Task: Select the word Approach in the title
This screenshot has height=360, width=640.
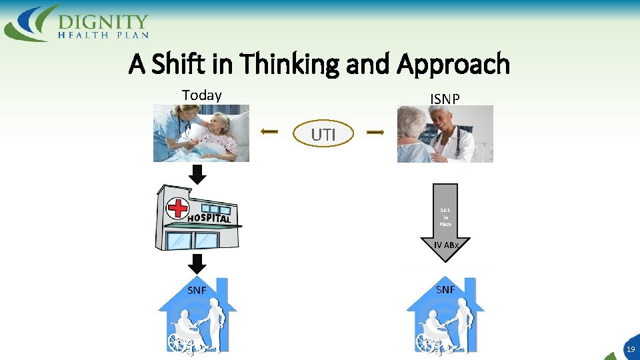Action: tap(453, 65)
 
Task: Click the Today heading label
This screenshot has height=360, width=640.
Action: tap(201, 95)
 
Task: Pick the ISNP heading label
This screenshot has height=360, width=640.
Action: tap(445, 99)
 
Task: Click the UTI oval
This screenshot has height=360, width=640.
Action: tap(323, 135)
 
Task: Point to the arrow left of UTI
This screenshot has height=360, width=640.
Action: tap(269, 133)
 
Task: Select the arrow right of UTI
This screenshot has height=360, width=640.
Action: tap(375, 133)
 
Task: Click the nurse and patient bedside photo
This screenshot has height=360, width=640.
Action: tap(201, 133)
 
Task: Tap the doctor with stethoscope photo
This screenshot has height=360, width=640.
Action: tap(445, 134)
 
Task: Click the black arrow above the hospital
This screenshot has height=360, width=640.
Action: tap(198, 175)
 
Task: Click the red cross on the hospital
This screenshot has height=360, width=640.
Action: tap(178, 207)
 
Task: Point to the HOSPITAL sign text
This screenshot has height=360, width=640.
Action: tap(209, 219)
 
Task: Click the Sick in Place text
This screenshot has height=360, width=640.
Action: tap(445, 217)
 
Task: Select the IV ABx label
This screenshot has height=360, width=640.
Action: tap(445, 245)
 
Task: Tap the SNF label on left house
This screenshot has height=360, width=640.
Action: tap(197, 290)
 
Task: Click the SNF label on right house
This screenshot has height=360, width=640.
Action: tap(445, 289)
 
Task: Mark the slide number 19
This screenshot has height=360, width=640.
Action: tap(630, 349)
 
